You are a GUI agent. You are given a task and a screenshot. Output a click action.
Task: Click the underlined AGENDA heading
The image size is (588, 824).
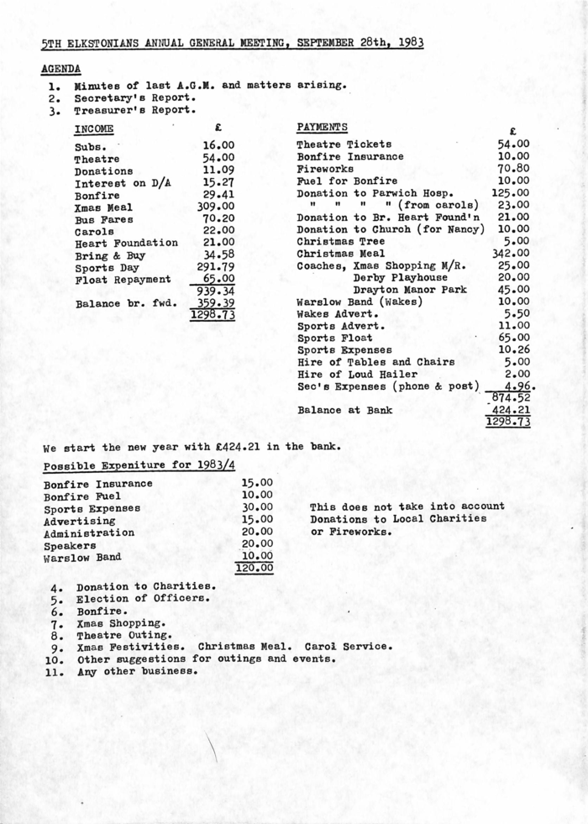pyautogui.click(x=60, y=68)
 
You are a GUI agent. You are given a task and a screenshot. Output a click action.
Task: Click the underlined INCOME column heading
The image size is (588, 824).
pyautogui.click(x=94, y=129)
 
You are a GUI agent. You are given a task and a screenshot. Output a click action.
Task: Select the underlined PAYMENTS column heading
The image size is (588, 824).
pyautogui.click(x=322, y=127)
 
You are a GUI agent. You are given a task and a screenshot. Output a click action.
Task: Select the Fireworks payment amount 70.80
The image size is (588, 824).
pyautogui.click(x=512, y=169)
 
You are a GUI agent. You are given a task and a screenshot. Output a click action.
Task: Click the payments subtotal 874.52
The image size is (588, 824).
pyautogui.click(x=511, y=397)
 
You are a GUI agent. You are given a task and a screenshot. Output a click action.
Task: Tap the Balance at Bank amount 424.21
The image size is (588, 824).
pyautogui.click(x=511, y=411)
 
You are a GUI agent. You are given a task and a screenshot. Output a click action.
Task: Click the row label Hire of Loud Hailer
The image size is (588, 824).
pyautogui.click(x=357, y=374)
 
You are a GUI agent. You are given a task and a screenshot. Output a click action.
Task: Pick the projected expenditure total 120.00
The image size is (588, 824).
pyautogui.click(x=255, y=569)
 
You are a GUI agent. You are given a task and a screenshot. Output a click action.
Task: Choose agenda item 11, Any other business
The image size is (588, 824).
pyautogui.click(x=137, y=671)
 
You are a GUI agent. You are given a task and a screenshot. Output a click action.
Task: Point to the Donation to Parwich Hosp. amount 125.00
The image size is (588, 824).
pyautogui.click(x=511, y=193)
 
